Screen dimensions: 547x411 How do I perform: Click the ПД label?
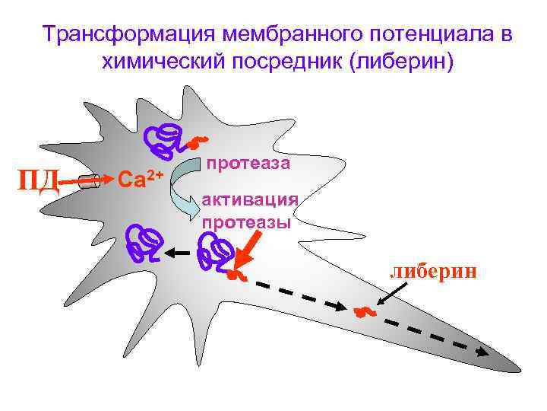pyautogui.click(x=38, y=181)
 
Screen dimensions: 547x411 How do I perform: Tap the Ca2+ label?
pyautogui.click(x=141, y=179)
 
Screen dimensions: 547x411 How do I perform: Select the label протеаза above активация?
pyautogui.click(x=248, y=163)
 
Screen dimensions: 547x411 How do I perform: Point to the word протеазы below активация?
pyautogui.click(x=247, y=222)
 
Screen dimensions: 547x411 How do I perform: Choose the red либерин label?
pyautogui.click(x=434, y=272)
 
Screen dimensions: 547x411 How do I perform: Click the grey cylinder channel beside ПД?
pyautogui.click(x=90, y=181)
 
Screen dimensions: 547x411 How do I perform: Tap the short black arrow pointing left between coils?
pyautogui.click(x=178, y=253)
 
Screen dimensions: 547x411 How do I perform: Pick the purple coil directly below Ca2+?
pyautogui.click(x=144, y=242)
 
